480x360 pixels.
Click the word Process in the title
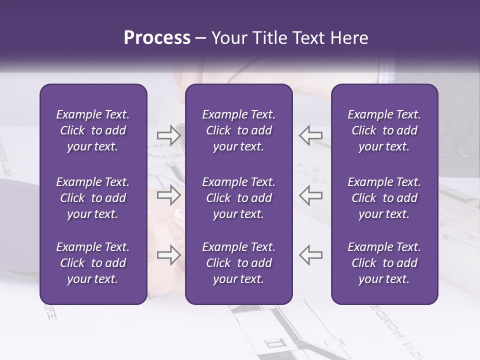pos(157,38)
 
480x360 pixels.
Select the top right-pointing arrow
pos(168,135)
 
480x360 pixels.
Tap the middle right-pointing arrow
pos(168,195)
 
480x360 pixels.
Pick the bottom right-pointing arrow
pos(168,254)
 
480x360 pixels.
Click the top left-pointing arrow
pos(310,135)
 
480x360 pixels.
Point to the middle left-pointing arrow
pos(310,195)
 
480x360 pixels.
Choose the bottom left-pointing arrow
pos(310,254)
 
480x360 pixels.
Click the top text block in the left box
pos(93,130)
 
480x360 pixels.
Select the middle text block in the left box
pos(93,198)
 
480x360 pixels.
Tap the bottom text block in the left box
pos(93,263)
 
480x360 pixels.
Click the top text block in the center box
pos(238,130)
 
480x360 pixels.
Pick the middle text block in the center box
pos(238,198)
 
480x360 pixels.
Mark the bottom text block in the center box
pos(238,263)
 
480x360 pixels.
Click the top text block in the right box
pos(384,130)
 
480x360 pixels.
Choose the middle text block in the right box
pos(384,198)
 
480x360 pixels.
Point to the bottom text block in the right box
pos(384,263)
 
